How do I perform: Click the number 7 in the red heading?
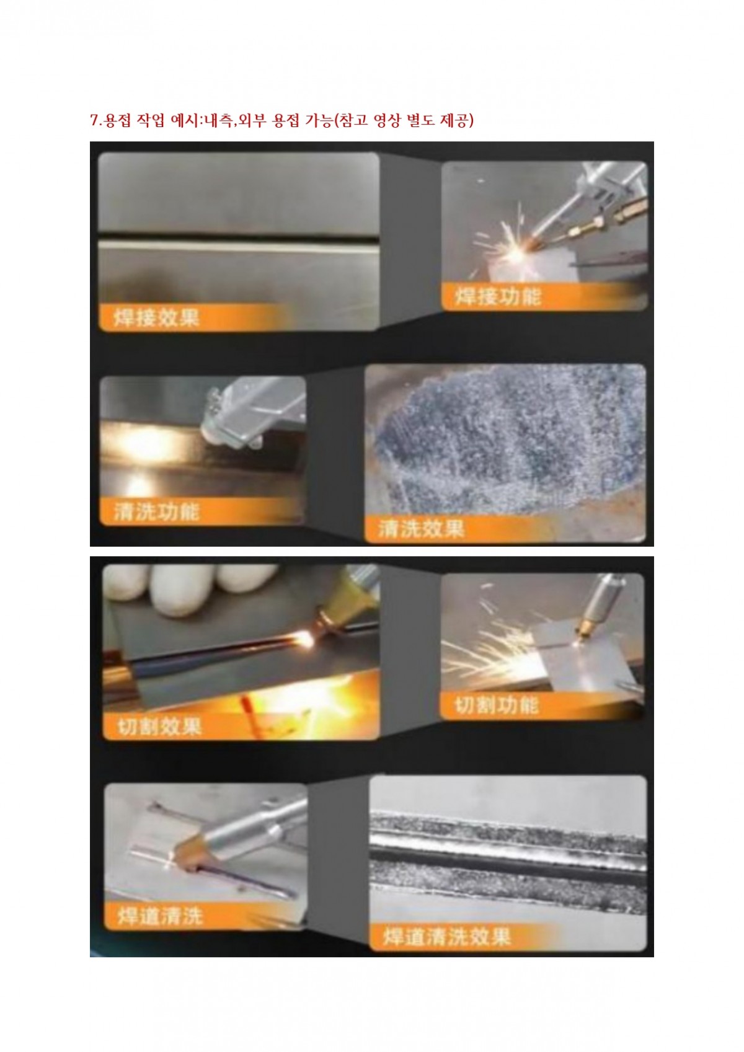click(x=94, y=121)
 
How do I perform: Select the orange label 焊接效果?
click(x=156, y=318)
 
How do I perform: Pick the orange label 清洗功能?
click(x=157, y=512)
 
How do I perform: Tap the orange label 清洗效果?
click(x=422, y=529)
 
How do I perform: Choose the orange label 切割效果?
click(x=159, y=728)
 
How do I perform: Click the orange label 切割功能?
click(x=497, y=705)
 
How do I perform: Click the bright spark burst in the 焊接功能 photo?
click(x=517, y=254)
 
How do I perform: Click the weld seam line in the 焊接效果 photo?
click(x=239, y=245)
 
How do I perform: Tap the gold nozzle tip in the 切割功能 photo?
click(x=585, y=629)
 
